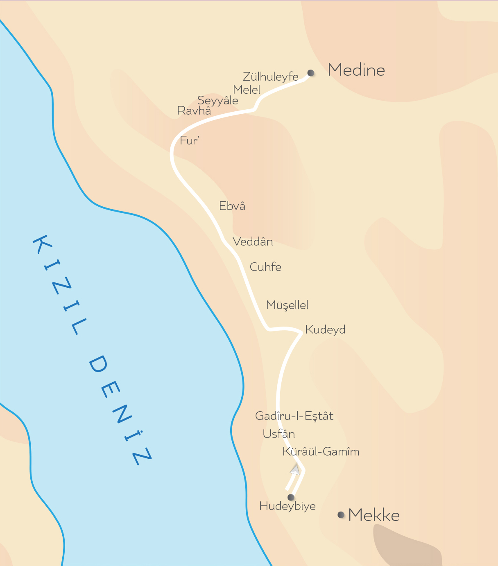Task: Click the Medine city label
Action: tap(356, 70)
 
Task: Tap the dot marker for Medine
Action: tap(311, 73)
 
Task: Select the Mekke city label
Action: tap(374, 515)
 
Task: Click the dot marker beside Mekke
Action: tap(341, 514)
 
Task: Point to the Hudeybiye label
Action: tap(287, 506)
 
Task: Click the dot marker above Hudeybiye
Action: tap(291, 497)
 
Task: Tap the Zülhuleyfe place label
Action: tap(271, 77)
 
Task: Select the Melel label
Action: tap(247, 90)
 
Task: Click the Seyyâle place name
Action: tap(217, 100)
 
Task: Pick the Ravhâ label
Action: tap(194, 110)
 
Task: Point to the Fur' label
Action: tap(189, 141)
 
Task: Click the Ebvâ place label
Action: tap(232, 206)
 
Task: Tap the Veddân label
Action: tap(253, 242)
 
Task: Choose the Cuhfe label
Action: tap(265, 267)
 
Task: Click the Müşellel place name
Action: tap(287, 305)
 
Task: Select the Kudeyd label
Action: tap(325, 329)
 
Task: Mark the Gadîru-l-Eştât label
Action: tap(294, 416)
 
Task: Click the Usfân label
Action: tap(279, 434)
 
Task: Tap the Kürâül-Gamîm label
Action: tap(321, 452)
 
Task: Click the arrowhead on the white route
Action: tap(295, 470)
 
